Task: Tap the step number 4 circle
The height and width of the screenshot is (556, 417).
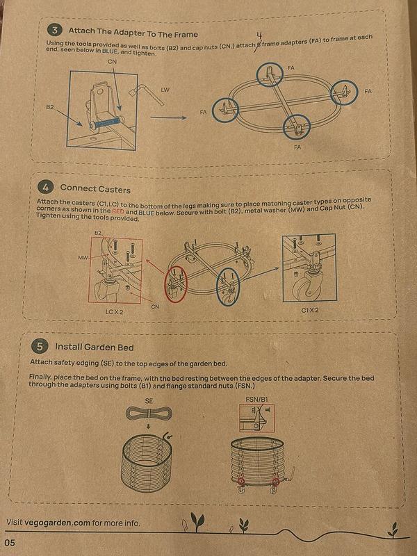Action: (x=45, y=188)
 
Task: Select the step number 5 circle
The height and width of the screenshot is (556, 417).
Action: (x=40, y=345)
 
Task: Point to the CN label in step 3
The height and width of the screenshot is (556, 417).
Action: (x=113, y=62)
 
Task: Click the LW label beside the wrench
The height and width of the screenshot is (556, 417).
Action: (x=165, y=90)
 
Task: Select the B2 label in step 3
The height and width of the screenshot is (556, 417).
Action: (x=50, y=108)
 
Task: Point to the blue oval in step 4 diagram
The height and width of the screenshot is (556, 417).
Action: (x=229, y=287)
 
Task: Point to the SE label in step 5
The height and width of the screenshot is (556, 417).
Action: (x=148, y=401)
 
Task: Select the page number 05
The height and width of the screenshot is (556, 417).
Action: (x=9, y=542)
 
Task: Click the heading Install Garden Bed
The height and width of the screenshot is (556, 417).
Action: (x=94, y=346)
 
